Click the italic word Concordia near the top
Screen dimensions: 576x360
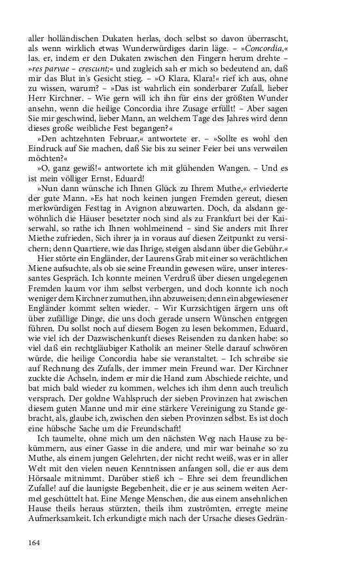pos(264,50)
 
